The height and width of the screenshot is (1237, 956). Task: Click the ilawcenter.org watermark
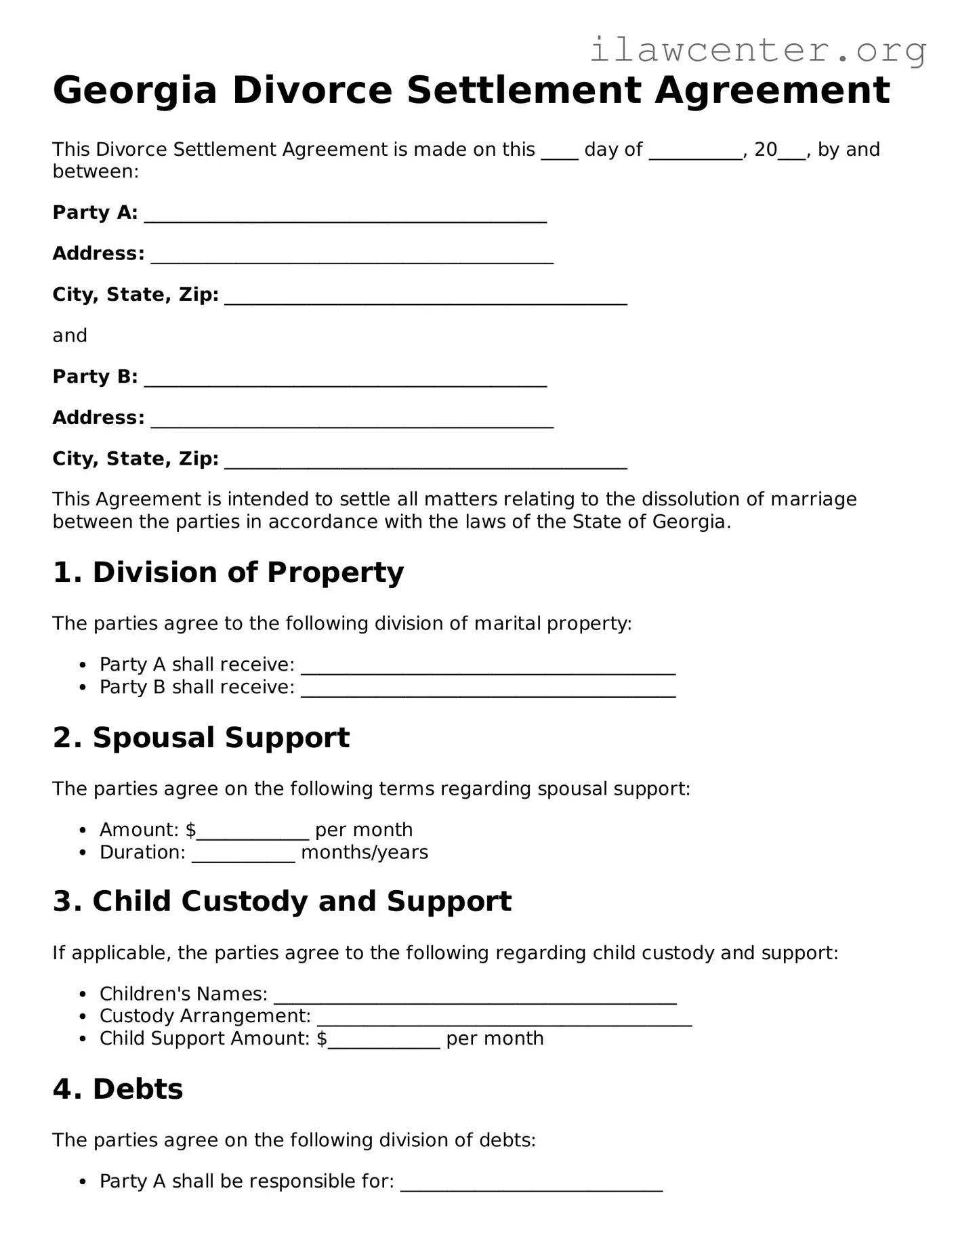(x=757, y=50)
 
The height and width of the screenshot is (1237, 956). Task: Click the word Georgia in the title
(x=134, y=91)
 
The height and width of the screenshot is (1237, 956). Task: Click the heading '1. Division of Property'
(x=228, y=572)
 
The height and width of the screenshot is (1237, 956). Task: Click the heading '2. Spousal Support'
(x=201, y=738)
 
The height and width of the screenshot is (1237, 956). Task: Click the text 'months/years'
(x=365, y=852)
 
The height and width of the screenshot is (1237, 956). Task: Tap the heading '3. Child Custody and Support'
(x=282, y=902)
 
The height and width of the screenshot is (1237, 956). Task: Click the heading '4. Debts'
(x=118, y=1089)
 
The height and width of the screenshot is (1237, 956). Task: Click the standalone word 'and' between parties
(x=70, y=336)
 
